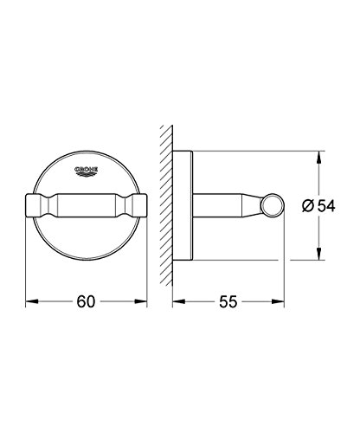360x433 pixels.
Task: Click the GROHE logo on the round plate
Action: (87, 171)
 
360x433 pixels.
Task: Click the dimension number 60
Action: (86, 301)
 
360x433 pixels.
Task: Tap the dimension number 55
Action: (228, 301)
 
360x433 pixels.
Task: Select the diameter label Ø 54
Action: (318, 206)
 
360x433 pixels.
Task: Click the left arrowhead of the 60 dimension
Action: (32, 301)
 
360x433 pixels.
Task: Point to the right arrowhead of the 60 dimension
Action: (141, 301)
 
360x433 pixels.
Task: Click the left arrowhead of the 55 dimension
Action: (178, 301)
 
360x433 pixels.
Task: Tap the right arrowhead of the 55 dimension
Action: (278, 301)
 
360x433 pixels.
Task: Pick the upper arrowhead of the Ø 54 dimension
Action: (318, 157)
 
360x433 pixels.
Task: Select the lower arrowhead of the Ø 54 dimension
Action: (318, 254)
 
